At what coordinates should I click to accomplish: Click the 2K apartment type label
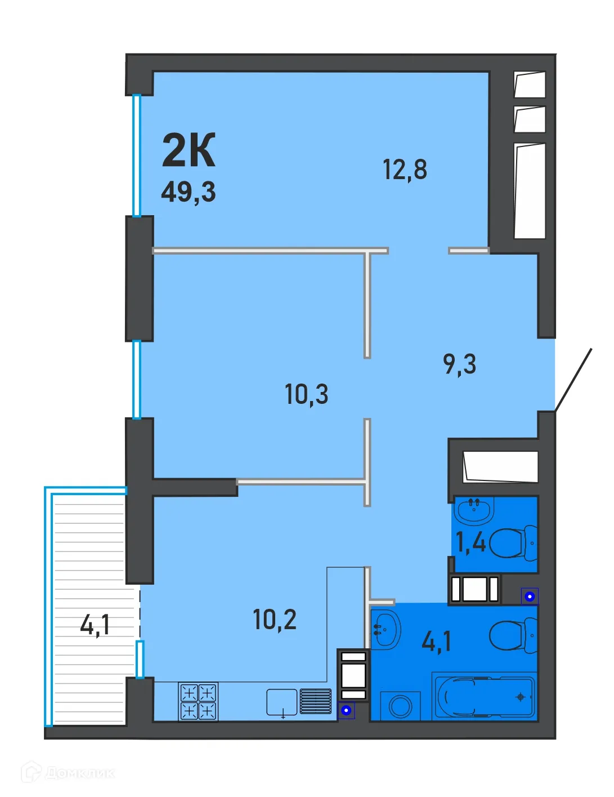point(189,151)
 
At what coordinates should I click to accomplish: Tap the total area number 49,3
point(189,192)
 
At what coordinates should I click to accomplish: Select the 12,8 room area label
point(405,169)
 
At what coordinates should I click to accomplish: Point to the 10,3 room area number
point(306,394)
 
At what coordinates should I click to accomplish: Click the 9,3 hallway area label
point(459,364)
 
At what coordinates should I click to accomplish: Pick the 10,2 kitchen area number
point(275,620)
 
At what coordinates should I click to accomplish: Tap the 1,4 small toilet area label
point(470,542)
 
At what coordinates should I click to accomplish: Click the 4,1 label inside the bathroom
point(437,641)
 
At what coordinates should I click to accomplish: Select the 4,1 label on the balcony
point(95,625)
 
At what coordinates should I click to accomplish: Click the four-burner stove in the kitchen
point(198,702)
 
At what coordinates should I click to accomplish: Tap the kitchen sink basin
point(281,702)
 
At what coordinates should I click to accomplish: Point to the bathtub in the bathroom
point(484,696)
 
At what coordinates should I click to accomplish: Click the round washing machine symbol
point(401,706)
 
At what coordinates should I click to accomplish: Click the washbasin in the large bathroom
point(386,630)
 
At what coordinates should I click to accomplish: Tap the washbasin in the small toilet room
point(474,509)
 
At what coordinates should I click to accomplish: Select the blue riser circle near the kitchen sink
point(347,710)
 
